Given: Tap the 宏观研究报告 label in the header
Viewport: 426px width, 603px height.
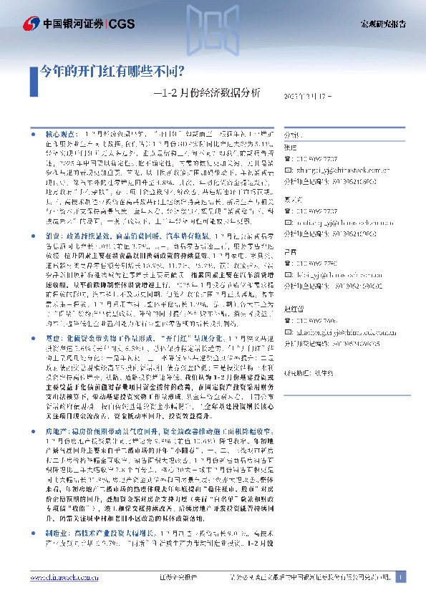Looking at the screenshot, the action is pos(382,24).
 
